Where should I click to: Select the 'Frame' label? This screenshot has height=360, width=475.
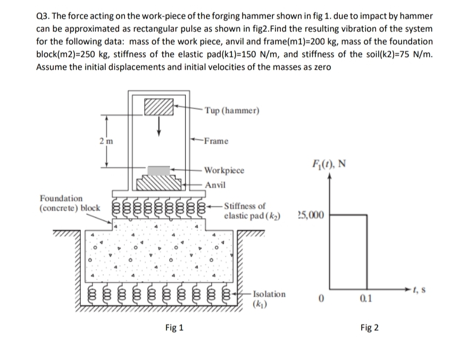(x=216, y=141)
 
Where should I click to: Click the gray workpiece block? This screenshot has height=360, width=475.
(x=159, y=170)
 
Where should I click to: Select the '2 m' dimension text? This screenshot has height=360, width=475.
(x=105, y=140)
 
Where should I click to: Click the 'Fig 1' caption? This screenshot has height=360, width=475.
(x=172, y=328)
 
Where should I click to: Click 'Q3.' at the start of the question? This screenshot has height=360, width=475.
(x=44, y=16)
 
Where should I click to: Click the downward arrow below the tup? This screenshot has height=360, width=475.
(x=159, y=129)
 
